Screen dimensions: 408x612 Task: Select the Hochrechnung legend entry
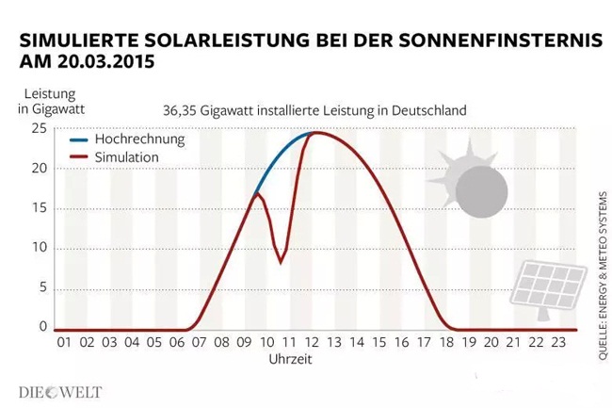pos(139,139)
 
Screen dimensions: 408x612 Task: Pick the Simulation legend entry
pos(127,156)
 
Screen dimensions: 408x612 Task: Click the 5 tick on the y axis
pos(41,288)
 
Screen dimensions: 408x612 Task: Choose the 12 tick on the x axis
pos(312,342)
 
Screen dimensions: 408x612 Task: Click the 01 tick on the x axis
pos(64,342)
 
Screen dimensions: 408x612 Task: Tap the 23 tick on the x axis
pos(558,342)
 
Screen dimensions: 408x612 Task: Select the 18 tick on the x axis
pos(446,342)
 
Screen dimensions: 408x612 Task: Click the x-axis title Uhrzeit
pos(289,359)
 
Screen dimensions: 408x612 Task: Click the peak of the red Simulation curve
pos(315,132)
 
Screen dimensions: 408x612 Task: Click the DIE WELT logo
pos(60,391)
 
